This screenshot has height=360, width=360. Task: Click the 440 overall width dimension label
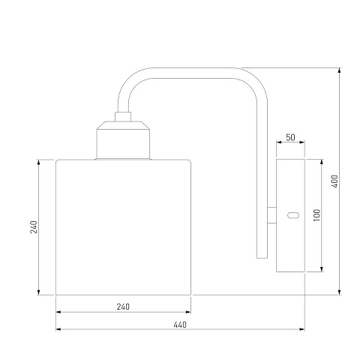point(180,325)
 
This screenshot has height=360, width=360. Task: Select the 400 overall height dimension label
point(335,181)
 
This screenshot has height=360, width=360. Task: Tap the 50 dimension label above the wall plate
point(290,137)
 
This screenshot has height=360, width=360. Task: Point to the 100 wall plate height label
point(316,215)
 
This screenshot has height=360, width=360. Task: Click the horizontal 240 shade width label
point(123,307)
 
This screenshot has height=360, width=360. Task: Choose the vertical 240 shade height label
point(34,227)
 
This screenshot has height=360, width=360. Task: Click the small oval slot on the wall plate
point(293,215)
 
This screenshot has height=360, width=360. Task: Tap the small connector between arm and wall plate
point(271,215)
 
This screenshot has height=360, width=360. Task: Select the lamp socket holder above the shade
point(123,140)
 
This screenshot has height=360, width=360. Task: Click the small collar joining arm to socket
point(123,117)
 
